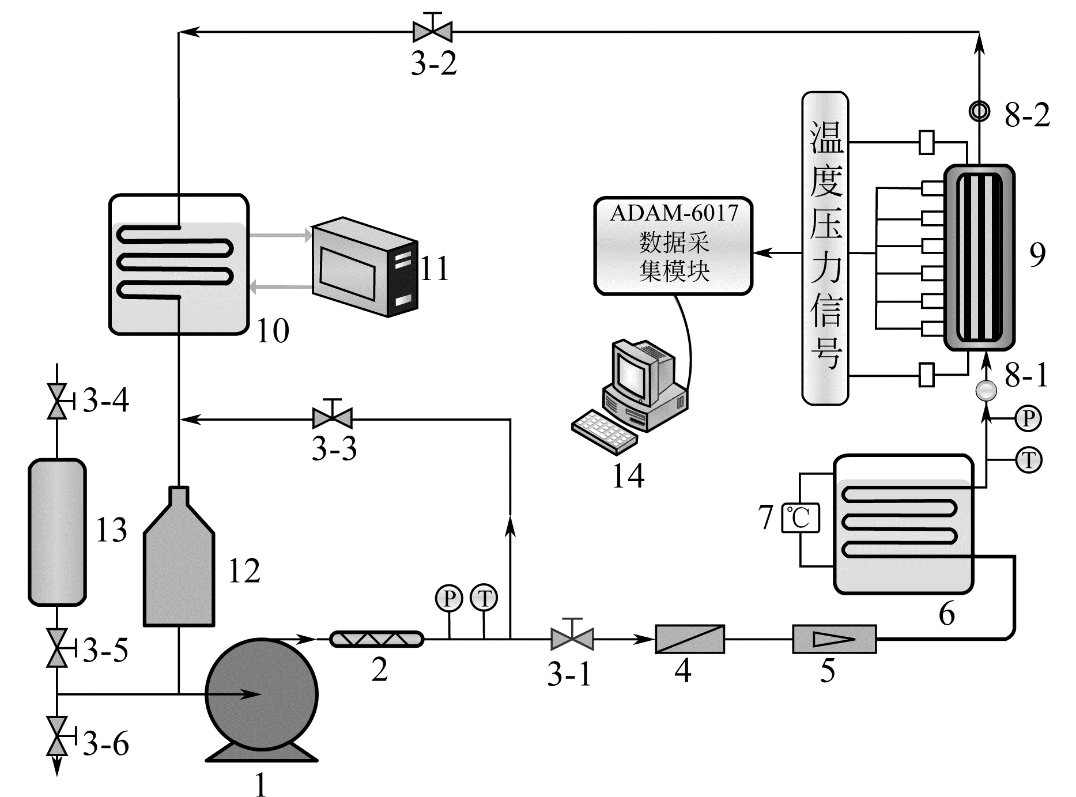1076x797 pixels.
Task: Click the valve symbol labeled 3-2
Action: (x=432, y=31)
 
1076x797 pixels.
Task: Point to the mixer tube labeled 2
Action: (x=376, y=639)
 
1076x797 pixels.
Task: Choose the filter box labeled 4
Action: (x=689, y=639)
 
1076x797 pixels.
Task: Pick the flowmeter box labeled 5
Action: (x=834, y=639)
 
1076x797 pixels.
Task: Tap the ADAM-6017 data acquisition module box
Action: (x=673, y=245)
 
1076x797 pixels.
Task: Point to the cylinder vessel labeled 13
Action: (x=57, y=531)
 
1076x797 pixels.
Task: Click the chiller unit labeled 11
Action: (x=364, y=267)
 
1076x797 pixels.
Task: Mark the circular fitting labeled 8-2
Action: (x=979, y=111)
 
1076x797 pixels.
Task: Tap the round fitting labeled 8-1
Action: (x=986, y=390)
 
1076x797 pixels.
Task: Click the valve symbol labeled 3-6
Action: (x=56, y=736)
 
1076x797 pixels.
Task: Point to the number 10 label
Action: (x=272, y=331)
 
